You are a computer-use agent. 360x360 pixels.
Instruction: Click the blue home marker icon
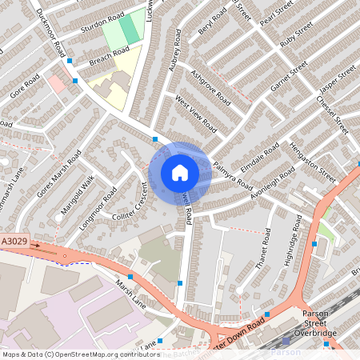point(180,172)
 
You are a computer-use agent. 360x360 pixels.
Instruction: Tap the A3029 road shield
point(14,241)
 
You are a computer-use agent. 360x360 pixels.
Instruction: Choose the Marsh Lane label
point(130,294)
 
